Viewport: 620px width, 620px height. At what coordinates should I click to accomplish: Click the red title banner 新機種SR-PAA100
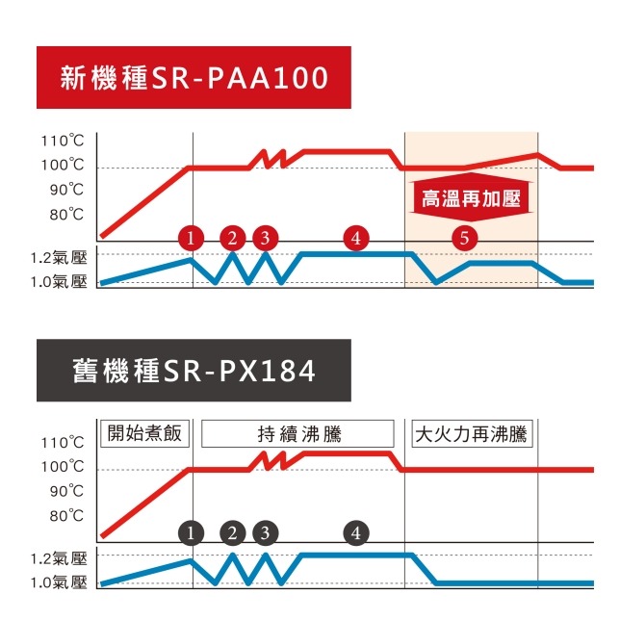click(x=193, y=75)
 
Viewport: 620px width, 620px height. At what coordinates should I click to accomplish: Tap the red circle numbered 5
click(x=464, y=237)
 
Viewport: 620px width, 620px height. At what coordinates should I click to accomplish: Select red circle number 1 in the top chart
click(x=193, y=237)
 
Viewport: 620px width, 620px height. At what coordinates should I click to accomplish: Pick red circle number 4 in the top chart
click(x=355, y=237)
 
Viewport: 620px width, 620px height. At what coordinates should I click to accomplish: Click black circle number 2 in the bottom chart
click(x=232, y=532)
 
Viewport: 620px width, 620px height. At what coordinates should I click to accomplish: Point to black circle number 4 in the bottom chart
click(x=355, y=532)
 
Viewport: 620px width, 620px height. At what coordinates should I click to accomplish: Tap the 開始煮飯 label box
click(x=145, y=433)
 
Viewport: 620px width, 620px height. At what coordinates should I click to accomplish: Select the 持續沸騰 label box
click(x=299, y=433)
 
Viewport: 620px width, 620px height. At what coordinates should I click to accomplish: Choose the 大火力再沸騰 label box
click(x=471, y=433)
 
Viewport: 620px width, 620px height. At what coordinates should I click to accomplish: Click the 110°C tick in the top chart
click(x=63, y=142)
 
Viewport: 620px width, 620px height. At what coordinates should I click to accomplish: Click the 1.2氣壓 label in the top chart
click(x=59, y=258)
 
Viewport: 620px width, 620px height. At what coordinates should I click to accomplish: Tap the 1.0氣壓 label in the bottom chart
click(x=59, y=582)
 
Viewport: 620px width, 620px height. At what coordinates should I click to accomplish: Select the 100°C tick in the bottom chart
click(x=63, y=467)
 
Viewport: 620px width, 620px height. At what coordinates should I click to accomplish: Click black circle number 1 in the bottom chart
click(x=193, y=532)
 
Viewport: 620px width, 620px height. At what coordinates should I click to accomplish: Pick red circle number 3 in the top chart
click(x=265, y=237)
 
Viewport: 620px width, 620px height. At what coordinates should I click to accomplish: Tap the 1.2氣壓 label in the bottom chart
click(x=59, y=558)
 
